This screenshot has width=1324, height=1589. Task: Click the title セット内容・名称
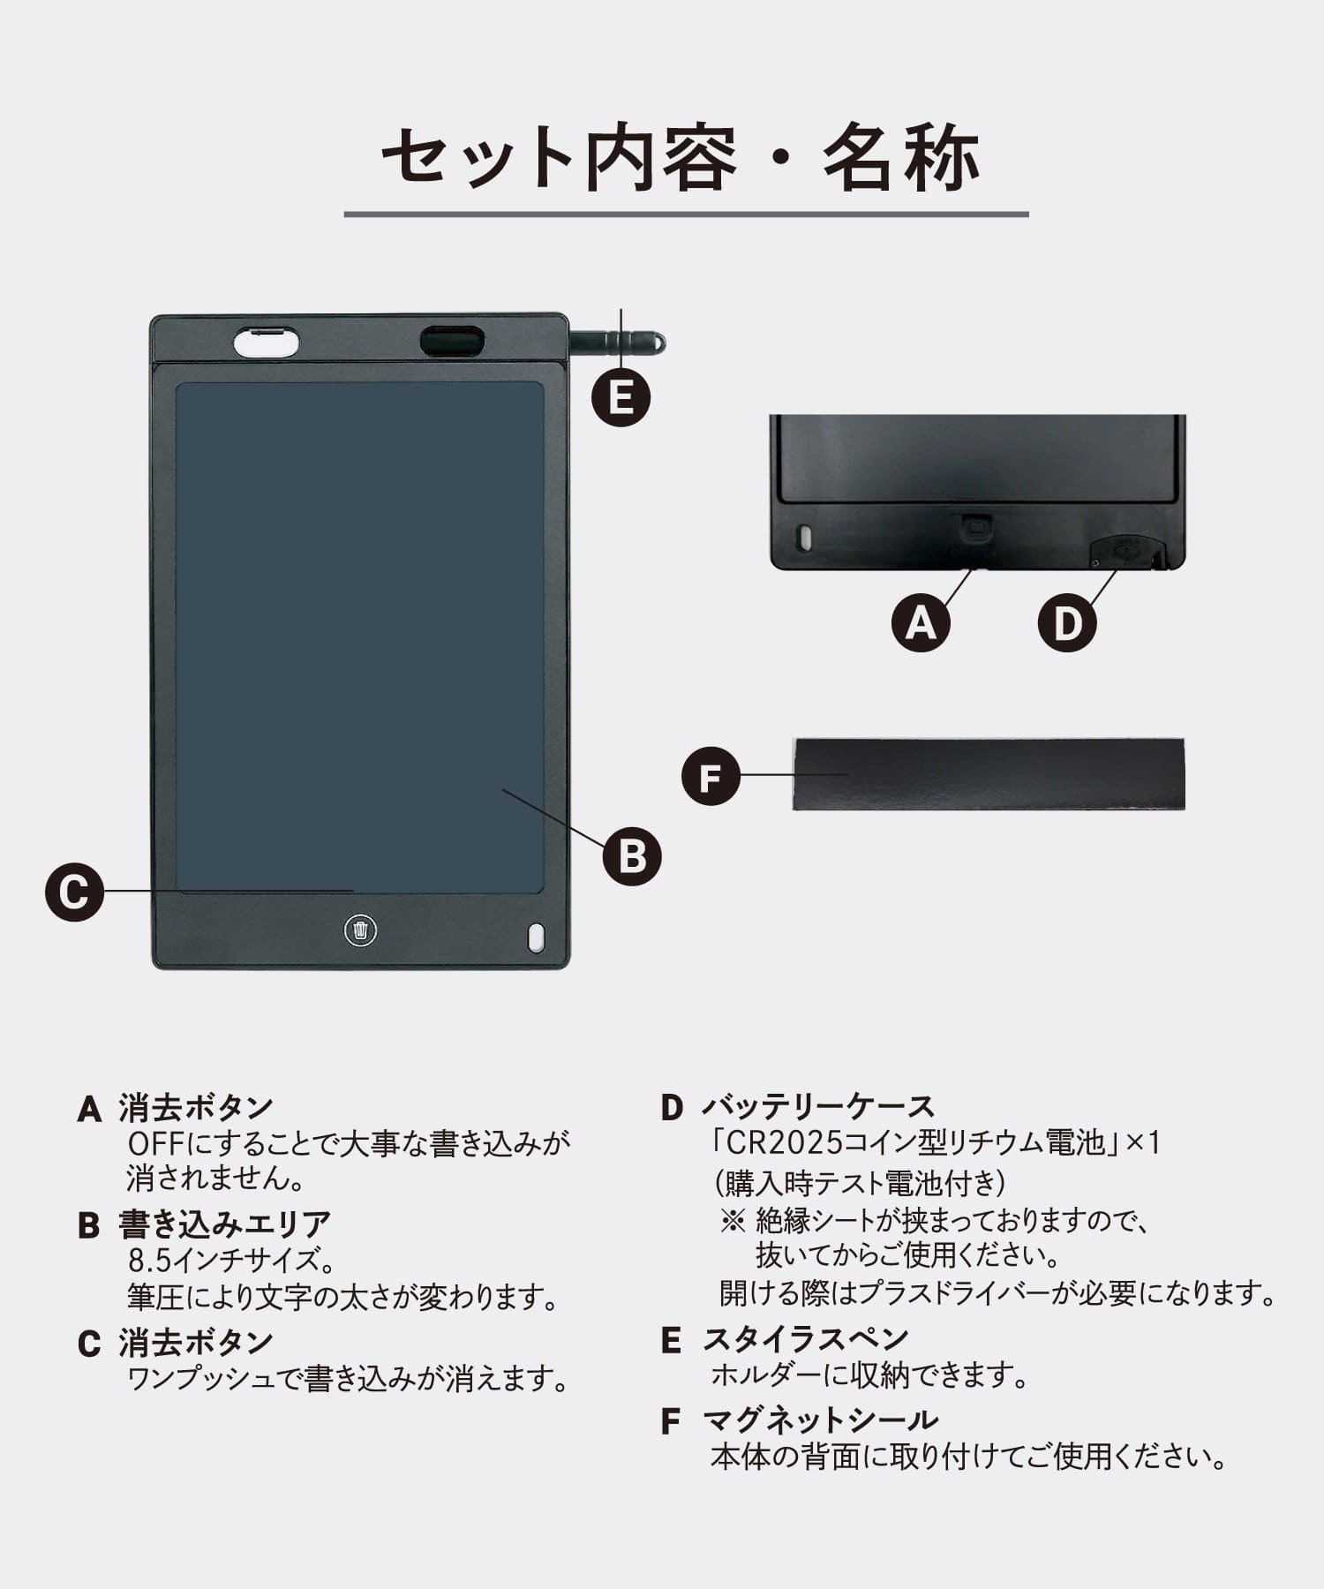(x=681, y=160)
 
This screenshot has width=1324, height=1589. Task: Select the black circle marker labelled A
(x=921, y=623)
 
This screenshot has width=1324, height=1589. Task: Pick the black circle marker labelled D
(x=1066, y=623)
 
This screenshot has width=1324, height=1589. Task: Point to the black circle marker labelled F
(x=711, y=777)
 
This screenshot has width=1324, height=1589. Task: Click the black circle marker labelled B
(x=632, y=855)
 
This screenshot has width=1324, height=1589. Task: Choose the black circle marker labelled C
(x=75, y=892)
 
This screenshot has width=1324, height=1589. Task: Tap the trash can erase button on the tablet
(x=360, y=930)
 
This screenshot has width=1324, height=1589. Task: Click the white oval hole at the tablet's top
(x=266, y=342)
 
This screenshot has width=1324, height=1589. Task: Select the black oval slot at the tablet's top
(x=452, y=342)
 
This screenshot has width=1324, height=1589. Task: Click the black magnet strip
(x=989, y=774)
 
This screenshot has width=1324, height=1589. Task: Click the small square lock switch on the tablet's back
(x=976, y=528)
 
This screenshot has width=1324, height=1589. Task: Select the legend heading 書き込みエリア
(x=224, y=1224)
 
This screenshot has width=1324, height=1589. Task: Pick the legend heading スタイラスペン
(x=805, y=1339)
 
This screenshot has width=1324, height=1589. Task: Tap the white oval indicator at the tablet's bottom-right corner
(x=535, y=938)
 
